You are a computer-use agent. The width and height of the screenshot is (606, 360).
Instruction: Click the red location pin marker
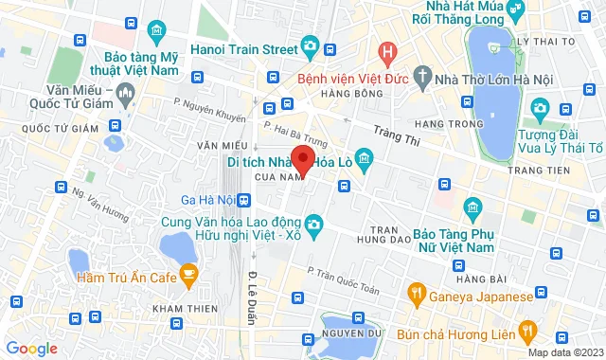[302, 159]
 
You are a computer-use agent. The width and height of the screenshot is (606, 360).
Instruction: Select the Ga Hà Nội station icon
[245, 200]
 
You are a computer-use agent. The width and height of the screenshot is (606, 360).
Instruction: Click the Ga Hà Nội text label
[207, 200]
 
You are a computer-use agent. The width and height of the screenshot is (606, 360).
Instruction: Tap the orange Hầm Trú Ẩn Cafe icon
[187, 276]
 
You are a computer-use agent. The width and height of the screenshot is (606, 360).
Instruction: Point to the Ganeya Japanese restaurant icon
[415, 293]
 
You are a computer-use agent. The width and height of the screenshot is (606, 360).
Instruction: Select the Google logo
[30, 349]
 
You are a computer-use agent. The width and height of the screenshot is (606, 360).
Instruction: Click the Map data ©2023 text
[564, 352]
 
